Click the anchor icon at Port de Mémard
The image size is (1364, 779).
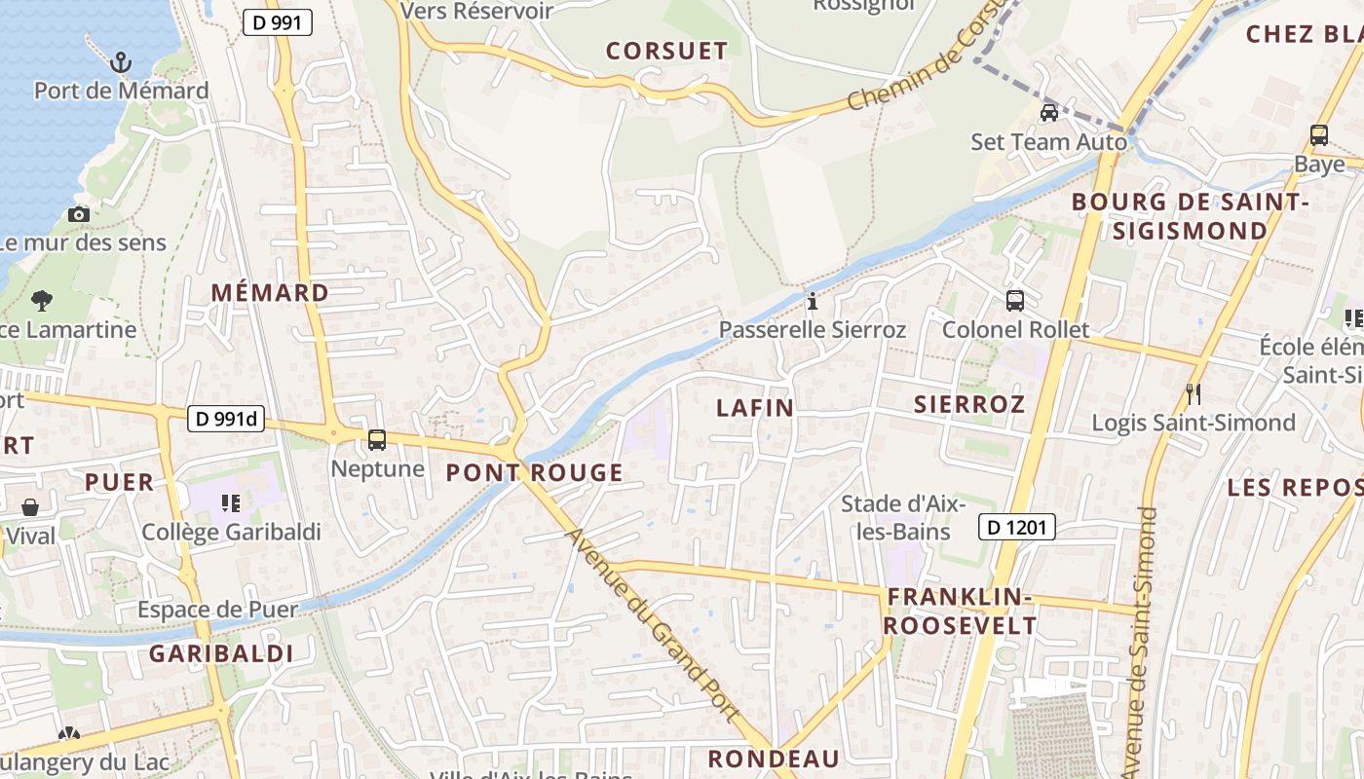coord(120,63)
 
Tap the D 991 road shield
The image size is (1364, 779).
coord(277,22)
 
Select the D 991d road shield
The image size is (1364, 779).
coord(226,419)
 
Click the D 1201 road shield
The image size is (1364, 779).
coord(1016,528)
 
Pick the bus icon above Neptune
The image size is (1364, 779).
coord(377,440)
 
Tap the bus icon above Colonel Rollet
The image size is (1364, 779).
coord(1015,301)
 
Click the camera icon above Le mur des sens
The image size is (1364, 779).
coord(79,214)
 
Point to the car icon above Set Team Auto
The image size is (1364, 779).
coord(1049,113)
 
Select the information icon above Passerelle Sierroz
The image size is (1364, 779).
coord(813,301)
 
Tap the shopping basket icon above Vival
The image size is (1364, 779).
coord(30,507)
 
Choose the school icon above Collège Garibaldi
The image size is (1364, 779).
coord(231,502)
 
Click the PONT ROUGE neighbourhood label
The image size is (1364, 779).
coord(534,473)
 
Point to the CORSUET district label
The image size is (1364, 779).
coord(666,52)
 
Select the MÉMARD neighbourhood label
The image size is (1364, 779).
coord(270,292)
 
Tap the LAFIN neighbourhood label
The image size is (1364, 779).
coord(755,408)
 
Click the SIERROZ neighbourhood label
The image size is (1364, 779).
coord(969,404)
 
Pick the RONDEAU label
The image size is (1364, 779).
coord(774,759)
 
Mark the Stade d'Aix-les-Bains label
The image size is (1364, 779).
coord(903,518)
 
